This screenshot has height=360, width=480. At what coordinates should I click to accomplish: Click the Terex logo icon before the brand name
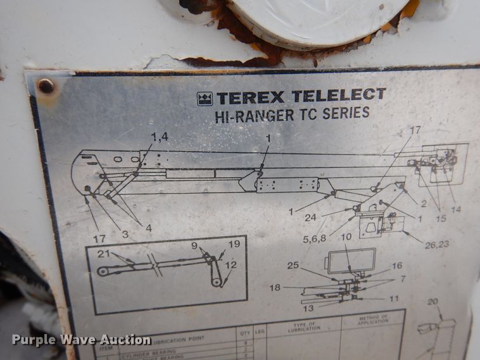(x=205, y=98)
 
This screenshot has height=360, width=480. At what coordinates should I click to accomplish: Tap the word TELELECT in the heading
(x=338, y=96)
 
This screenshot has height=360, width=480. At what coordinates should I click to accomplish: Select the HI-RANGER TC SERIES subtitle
(x=292, y=115)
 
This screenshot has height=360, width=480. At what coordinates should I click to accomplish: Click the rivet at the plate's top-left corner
(x=46, y=86)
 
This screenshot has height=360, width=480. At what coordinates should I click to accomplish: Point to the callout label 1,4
(x=160, y=136)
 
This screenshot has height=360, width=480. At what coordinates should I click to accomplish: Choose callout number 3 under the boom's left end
(x=125, y=234)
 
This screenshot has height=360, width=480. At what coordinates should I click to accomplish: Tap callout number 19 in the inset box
(x=234, y=244)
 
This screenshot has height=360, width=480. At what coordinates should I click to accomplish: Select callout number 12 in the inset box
(x=231, y=265)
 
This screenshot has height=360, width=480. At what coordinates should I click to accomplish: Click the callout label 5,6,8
(x=315, y=240)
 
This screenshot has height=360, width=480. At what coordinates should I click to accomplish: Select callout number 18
(x=275, y=287)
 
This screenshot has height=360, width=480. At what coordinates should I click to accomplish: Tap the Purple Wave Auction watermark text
(x=81, y=340)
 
